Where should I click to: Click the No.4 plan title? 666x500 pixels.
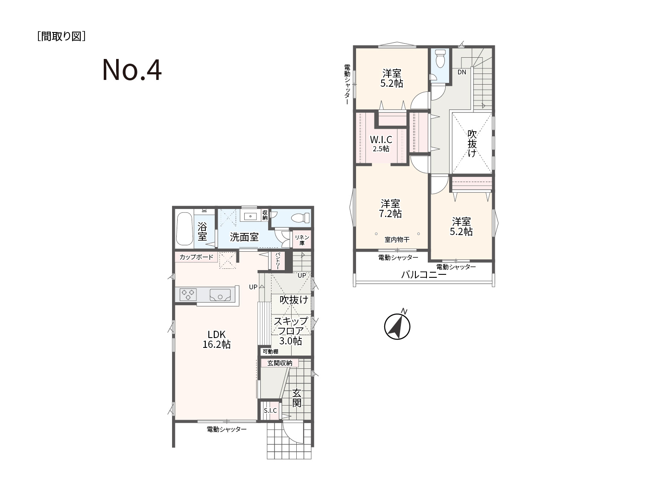tap(132, 70)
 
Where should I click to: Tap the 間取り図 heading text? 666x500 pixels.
tap(61, 36)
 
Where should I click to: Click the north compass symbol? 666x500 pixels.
tap(397, 326)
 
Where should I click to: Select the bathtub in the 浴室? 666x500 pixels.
tap(184, 229)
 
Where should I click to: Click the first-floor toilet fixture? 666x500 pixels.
tap(300, 218)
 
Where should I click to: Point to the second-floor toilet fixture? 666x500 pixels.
tap(440, 59)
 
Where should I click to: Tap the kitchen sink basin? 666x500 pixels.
tap(220, 295)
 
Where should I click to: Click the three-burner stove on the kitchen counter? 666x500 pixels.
tap(188, 294)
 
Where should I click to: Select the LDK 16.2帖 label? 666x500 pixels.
tap(216, 339)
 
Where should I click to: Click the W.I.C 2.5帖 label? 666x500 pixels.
tap(381, 143)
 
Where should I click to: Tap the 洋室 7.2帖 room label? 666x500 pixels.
tap(390, 208)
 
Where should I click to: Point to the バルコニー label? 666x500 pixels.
tap(424, 275)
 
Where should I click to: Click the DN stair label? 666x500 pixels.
tap(462, 72)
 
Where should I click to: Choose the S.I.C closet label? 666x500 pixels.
tap(270, 411)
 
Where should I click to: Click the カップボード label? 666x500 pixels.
tap(196, 257)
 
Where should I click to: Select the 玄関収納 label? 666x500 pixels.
tap(280, 363)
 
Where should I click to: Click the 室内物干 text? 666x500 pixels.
tap(397, 239)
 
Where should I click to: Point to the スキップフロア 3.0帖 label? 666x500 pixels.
tap(291, 331)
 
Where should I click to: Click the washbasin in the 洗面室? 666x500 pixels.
tap(251, 217)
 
